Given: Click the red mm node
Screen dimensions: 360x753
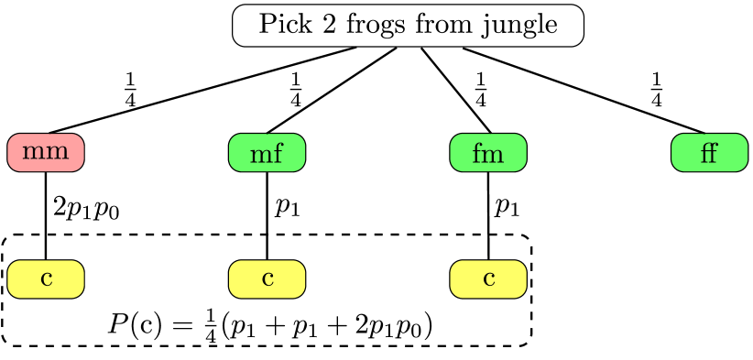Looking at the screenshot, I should point(46,152).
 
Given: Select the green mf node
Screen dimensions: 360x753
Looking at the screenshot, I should point(267,152).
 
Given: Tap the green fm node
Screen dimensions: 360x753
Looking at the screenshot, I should point(488,152).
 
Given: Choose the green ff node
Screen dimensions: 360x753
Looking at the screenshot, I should point(709,152).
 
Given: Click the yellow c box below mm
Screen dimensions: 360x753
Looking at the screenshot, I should point(46,278).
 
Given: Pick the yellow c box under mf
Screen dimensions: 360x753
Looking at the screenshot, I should point(267,278).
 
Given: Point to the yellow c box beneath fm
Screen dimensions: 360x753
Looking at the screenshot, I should point(488,278).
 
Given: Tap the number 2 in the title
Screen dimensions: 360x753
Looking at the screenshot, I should point(318,25).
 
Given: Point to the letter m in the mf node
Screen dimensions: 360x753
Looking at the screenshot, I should point(260,154).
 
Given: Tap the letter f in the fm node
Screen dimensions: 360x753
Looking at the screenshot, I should point(476,152).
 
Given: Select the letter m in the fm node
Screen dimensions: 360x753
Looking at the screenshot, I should point(493,154).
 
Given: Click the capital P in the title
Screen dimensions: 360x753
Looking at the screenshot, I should point(267,25).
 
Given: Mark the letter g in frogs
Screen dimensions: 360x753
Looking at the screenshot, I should point(376,27).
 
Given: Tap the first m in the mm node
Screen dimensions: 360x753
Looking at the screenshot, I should point(34,153).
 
